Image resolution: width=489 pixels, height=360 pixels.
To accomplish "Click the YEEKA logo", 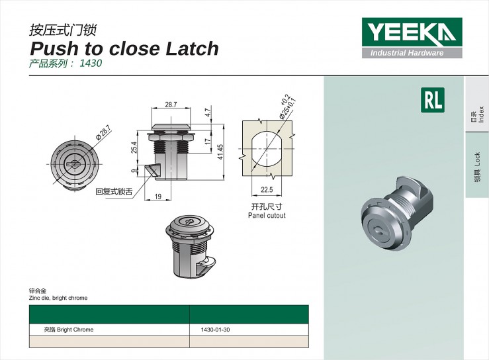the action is [412, 38].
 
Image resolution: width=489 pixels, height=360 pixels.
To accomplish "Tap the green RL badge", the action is [433, 100].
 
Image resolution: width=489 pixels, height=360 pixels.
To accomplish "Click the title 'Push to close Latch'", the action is [124, 48].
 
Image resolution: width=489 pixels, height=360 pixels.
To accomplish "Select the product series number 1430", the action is [91, 64].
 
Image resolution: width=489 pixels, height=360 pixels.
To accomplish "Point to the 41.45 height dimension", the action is [220, 152].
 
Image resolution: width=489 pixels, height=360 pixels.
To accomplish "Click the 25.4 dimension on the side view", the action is [134, 148].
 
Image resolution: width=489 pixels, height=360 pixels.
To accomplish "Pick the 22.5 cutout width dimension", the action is [267, 189].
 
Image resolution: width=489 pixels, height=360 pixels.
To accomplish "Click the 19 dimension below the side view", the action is [158, 197].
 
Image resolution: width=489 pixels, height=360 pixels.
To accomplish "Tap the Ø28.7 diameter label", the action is [103, 132].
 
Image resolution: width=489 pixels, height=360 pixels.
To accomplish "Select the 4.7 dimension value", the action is [208, 112].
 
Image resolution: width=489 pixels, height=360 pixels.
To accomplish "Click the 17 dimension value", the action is [208, 141].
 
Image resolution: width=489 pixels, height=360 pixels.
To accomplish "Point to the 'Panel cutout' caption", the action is [267, 215].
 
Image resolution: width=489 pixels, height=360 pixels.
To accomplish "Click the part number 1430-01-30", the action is [216, 330].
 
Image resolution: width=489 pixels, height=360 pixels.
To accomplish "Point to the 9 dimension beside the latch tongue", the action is [134, 171].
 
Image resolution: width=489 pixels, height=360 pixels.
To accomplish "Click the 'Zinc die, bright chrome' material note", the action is [58, 298].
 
